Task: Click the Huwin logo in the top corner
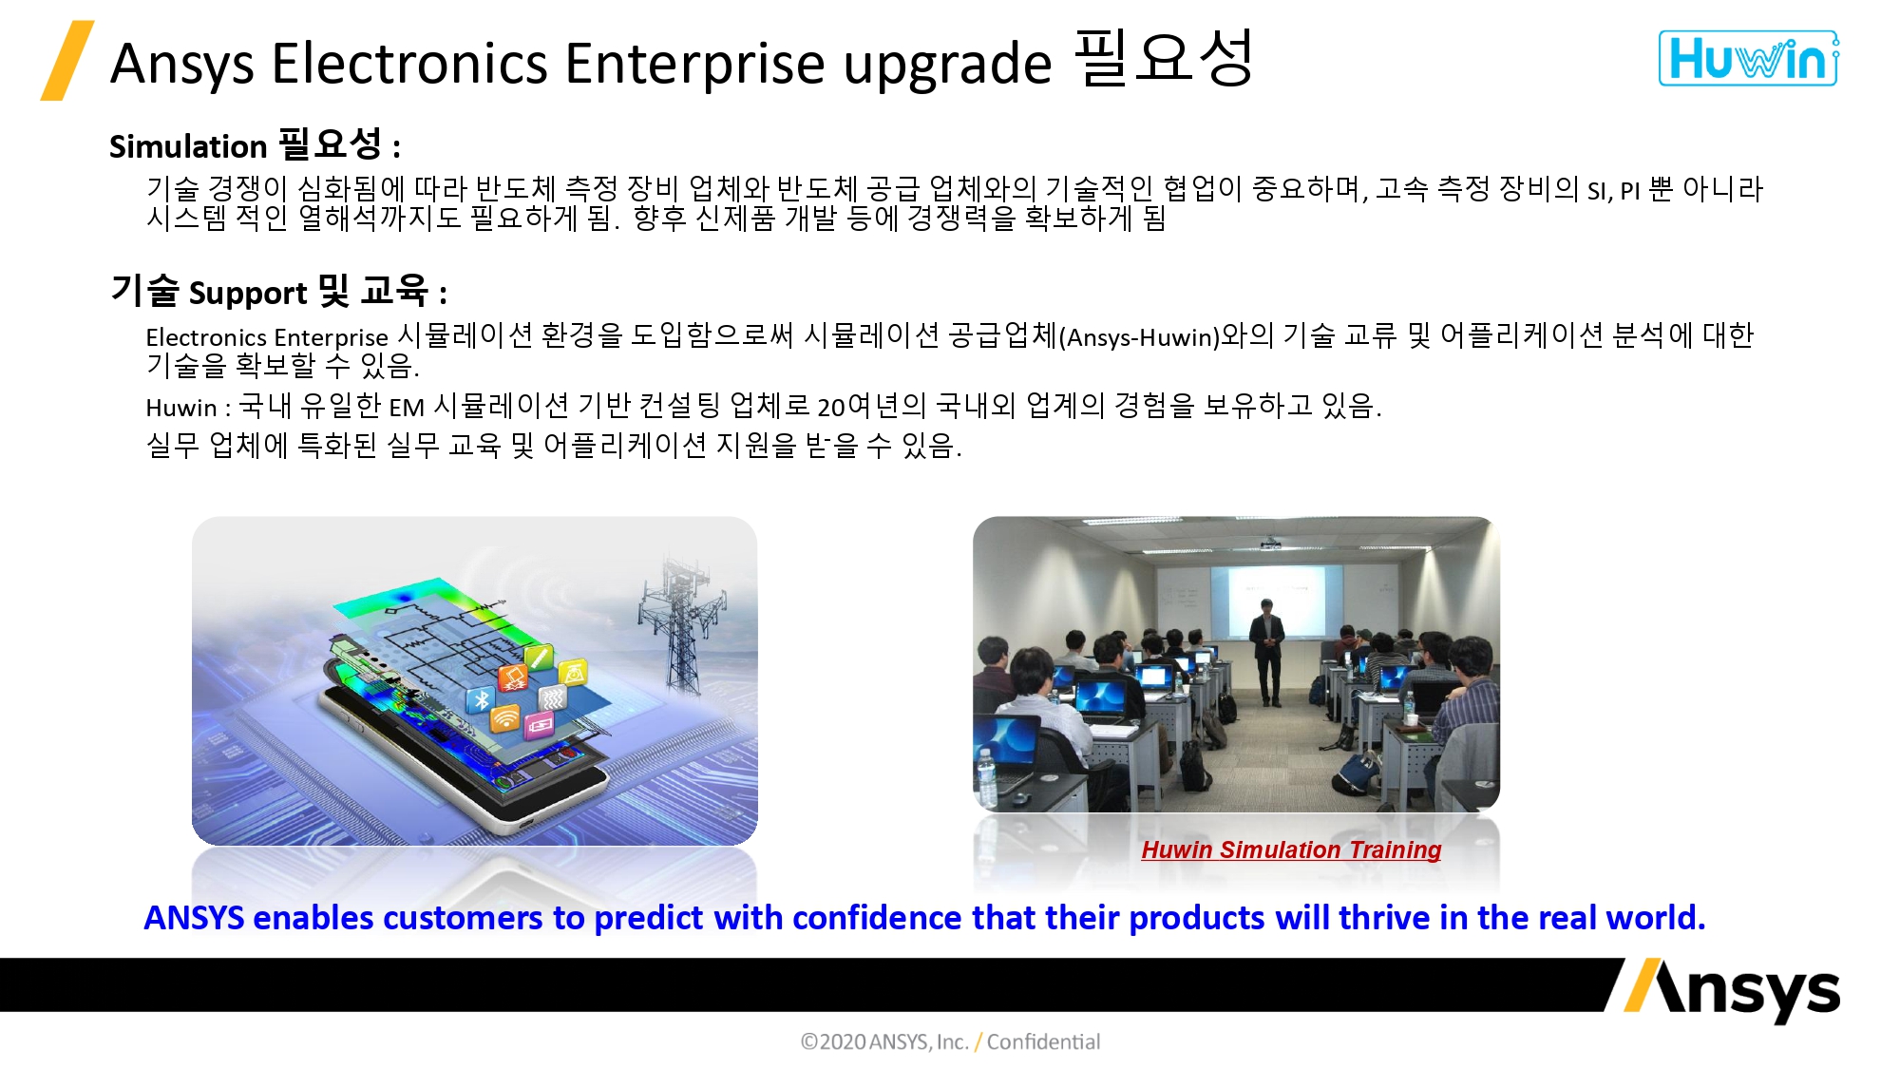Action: click(x=1748, y=59)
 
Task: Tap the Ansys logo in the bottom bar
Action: click(x=1731, y=990)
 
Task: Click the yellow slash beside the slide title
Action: click(x=67, y=61)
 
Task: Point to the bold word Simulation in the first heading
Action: click(x=188, y=146)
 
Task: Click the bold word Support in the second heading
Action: click(x=248, y=293)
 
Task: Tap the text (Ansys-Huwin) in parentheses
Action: click(x=1139, y=337)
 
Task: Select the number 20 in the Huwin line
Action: click(x=831, y=408)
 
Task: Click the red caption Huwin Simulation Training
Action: click(x=1291, y=849)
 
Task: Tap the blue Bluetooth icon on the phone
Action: click(x=482, y=700)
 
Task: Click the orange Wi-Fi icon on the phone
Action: click(x=505, y=718)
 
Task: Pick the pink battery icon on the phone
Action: click(x=539, y=726)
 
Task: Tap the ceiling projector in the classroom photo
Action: click(x=1270, y=544)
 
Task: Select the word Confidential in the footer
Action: click(x=1043, y=1042)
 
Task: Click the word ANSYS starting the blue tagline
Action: click(x=194, y=918)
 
